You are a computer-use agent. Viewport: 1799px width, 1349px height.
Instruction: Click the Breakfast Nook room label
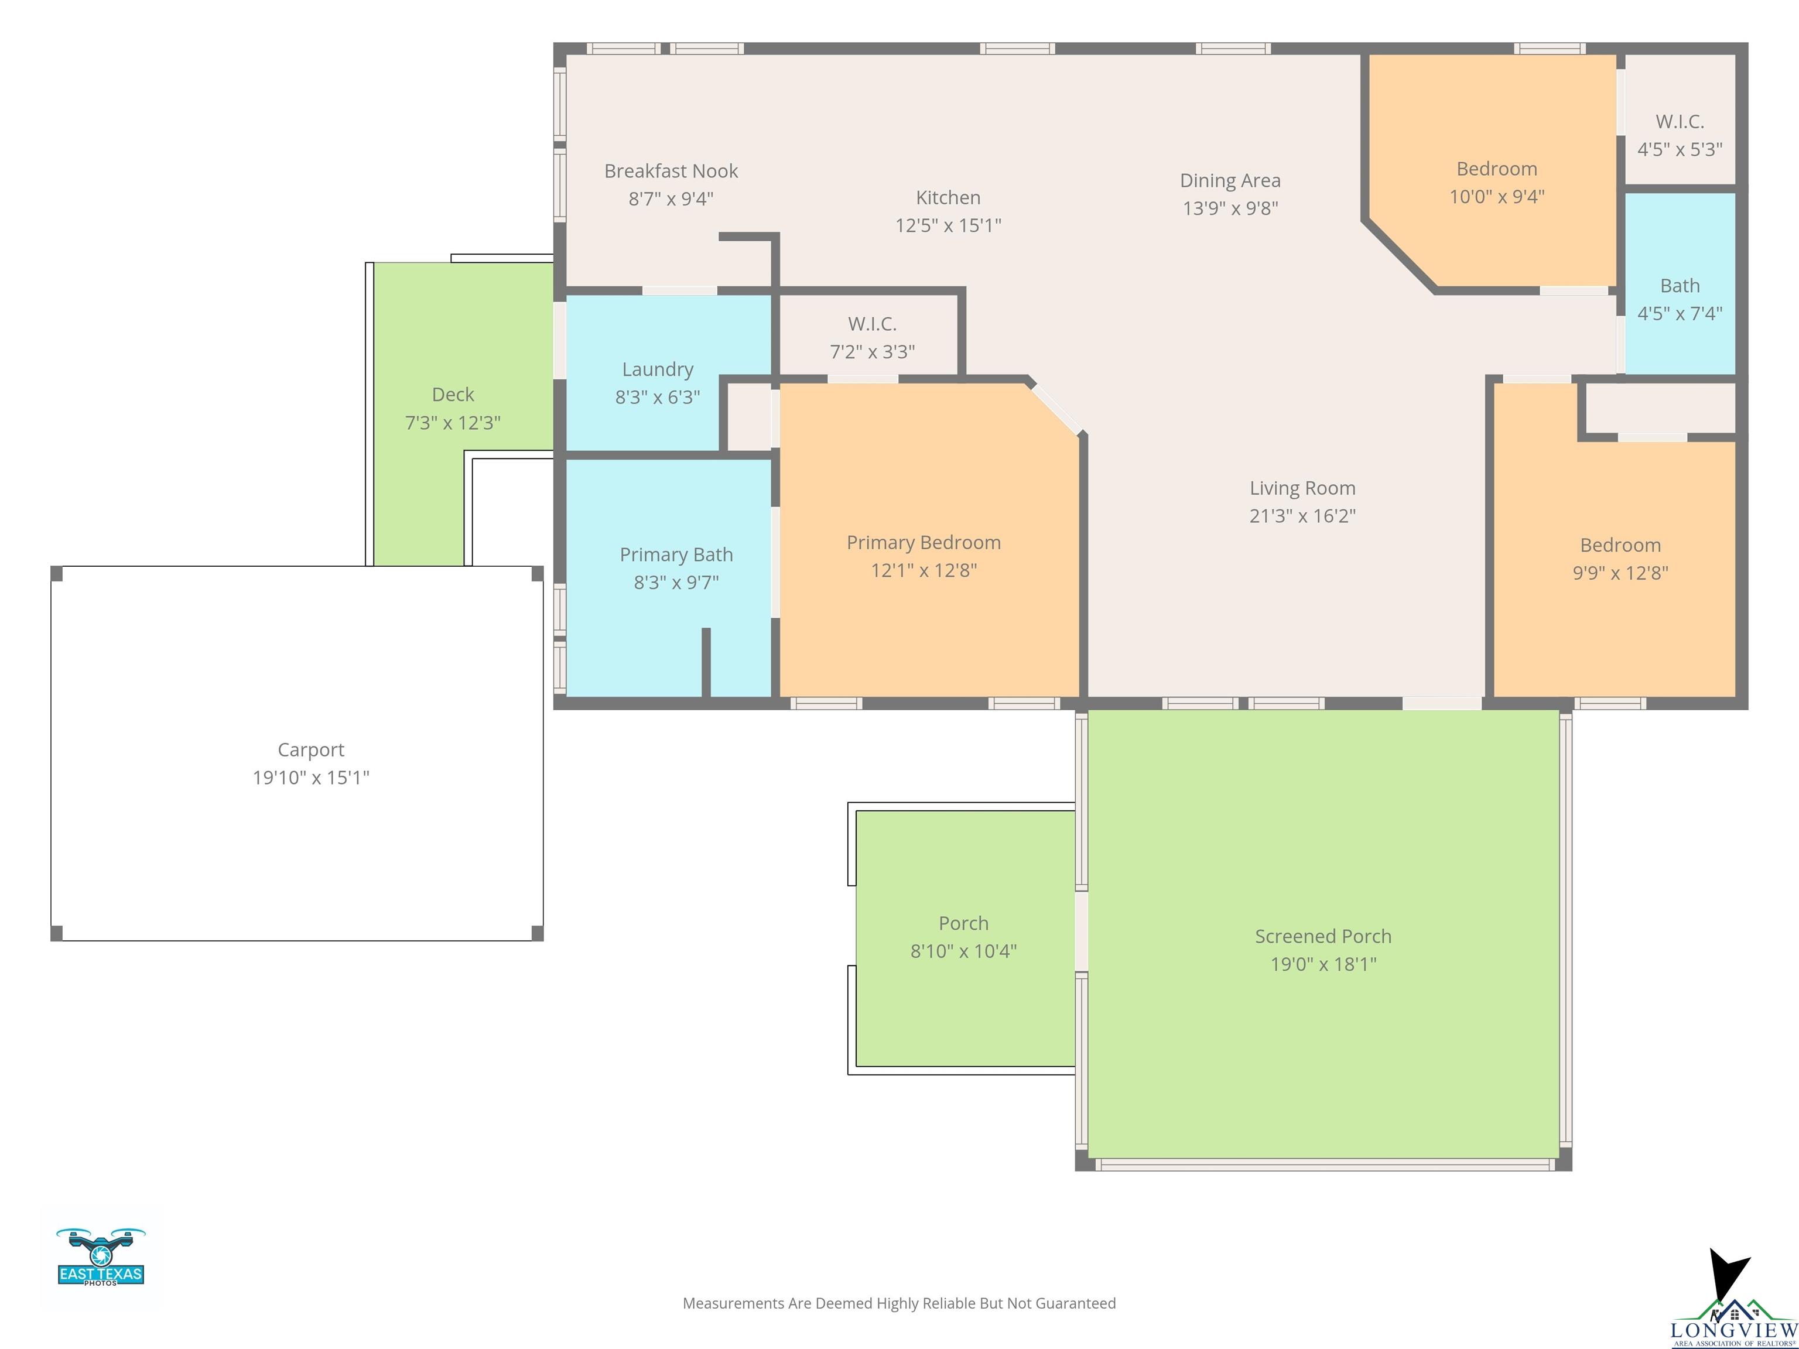(x=671, y=171)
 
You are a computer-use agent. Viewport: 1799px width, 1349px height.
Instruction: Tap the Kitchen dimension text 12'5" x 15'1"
(x=948, y=225)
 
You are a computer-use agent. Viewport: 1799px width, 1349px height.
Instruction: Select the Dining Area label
(x=1230, y=180)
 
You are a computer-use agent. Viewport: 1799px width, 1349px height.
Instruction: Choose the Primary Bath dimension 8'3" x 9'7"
(x=676, y=582)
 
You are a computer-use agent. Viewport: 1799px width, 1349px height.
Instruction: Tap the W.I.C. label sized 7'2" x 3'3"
(x=872, y=324)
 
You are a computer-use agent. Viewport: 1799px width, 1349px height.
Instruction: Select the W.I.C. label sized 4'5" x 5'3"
(x=1680, y=121)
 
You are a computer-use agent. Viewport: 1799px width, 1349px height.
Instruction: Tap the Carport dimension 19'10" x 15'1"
(x=311, y=778)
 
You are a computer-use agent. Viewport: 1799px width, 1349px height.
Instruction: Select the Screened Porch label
(x=1323, y=936)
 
